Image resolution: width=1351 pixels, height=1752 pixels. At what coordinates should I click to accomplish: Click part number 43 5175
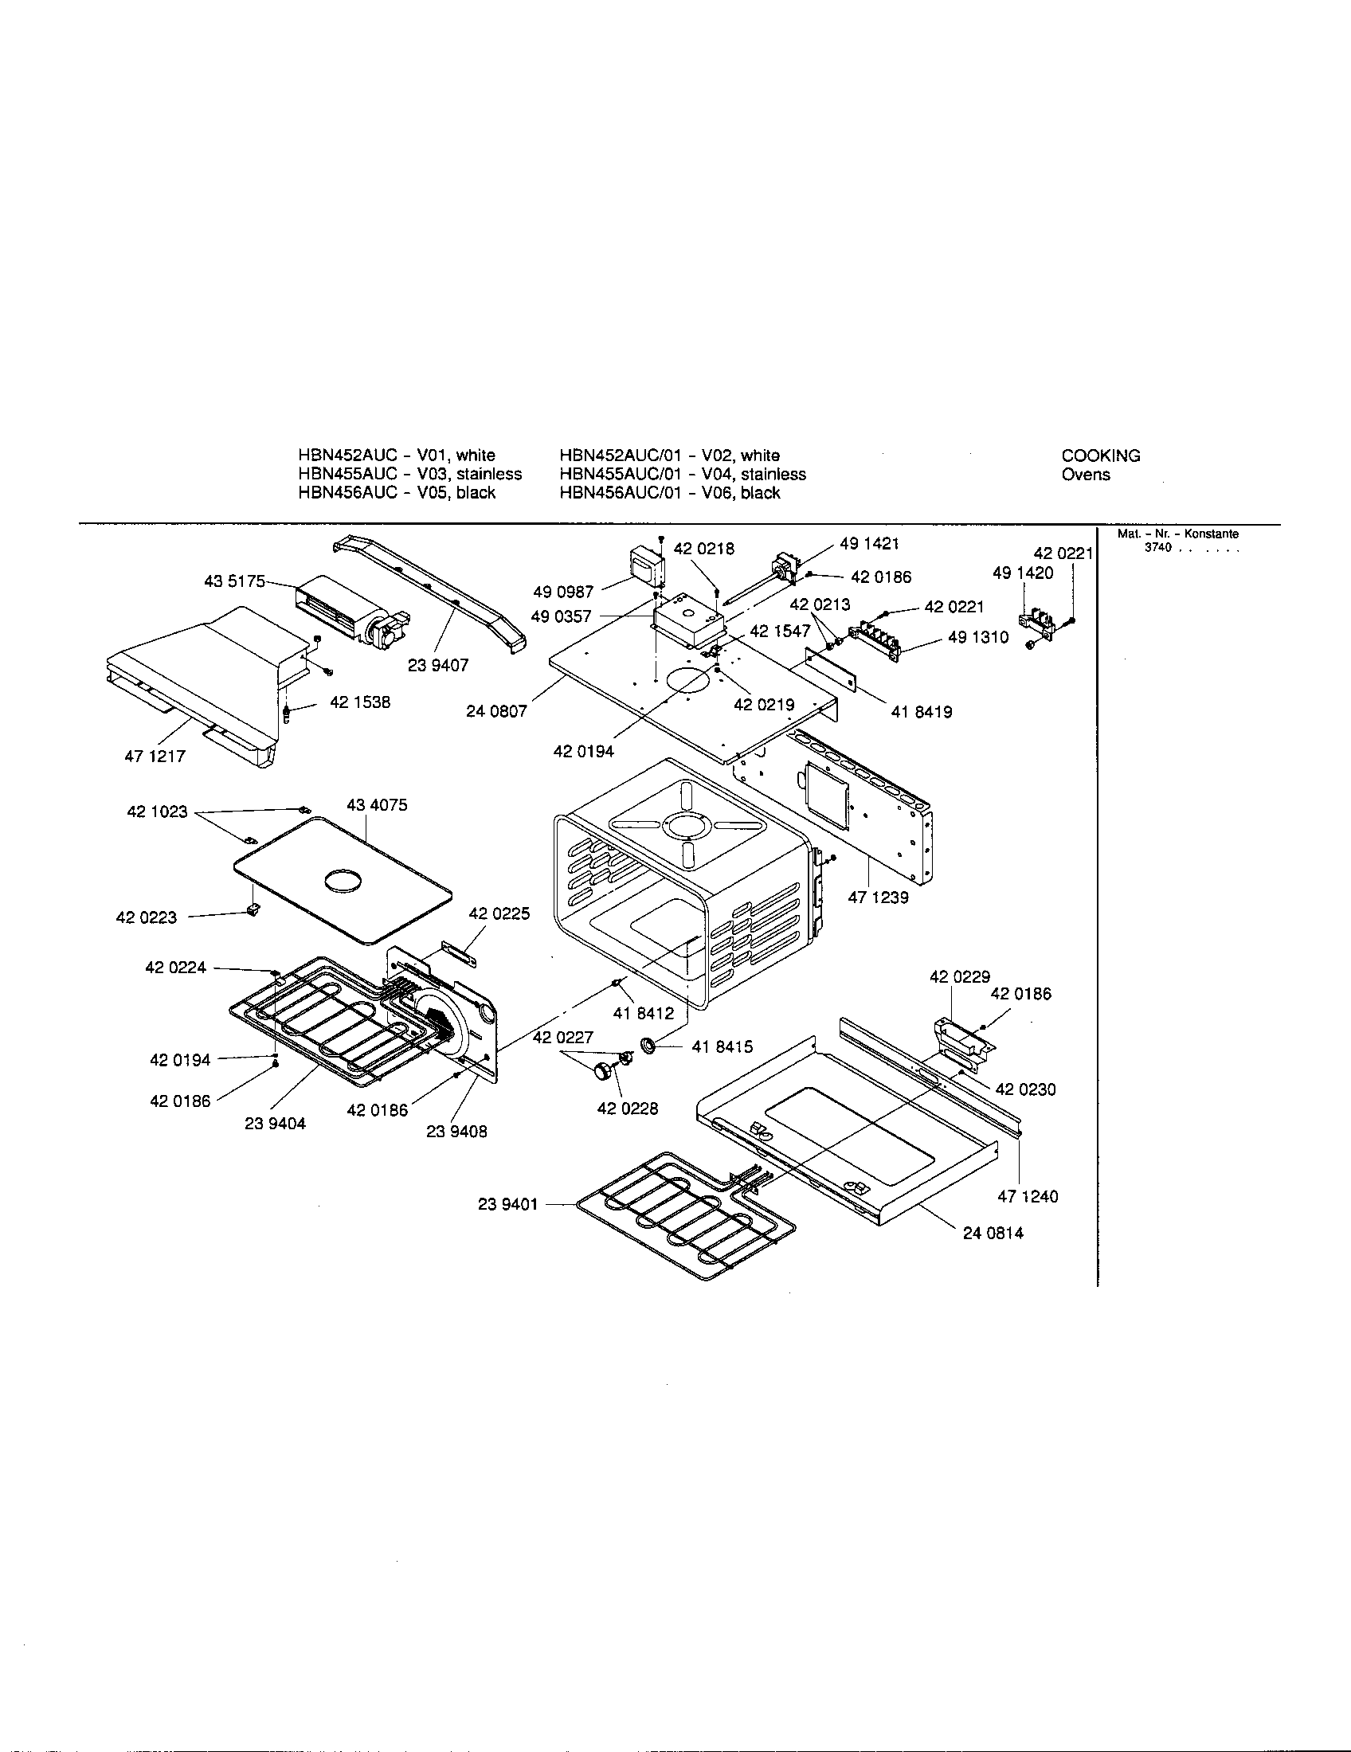(x=234, y=581)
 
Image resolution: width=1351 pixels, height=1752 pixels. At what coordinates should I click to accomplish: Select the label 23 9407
(x=438, y=665)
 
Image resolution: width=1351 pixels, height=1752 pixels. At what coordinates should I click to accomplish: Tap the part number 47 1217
(x=155, y=756)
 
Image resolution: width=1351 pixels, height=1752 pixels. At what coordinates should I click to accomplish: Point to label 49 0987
(x=563, y=592)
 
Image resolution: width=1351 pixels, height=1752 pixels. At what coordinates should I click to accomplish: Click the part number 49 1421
(x=869, y=544)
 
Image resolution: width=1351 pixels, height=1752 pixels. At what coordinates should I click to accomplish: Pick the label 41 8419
(x=922, y=711)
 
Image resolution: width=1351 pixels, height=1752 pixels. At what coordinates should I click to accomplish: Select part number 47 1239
(x=879, y=898)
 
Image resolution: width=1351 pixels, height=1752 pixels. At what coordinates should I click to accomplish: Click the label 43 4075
(x=377, y=804)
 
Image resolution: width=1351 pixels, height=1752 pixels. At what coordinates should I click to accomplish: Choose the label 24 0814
(x=993, y=1233)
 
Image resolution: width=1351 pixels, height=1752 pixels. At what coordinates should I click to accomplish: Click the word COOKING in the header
(x=1101, y=456)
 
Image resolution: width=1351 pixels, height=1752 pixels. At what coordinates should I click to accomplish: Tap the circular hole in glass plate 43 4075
(x=343, y=882)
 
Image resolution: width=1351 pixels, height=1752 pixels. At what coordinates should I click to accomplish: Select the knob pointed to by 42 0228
(x=601, y=1071)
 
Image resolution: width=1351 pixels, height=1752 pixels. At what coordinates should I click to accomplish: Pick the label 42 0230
(x=1025, y=1089)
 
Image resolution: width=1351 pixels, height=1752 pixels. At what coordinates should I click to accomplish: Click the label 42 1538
(x=360, y=702)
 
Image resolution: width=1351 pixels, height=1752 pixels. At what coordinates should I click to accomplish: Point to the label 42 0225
(x=499, y=913)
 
